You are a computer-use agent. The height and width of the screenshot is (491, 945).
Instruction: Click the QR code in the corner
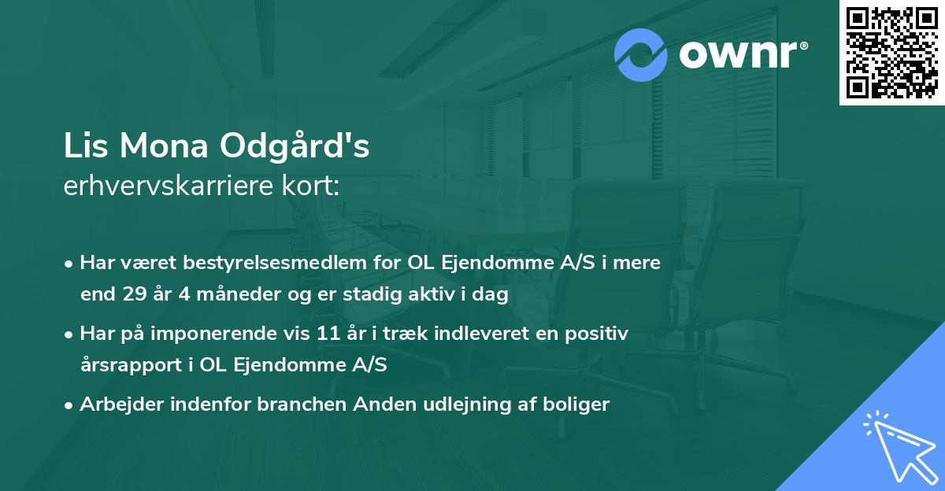(891, 52)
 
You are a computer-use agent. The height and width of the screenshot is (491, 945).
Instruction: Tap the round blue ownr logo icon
(641, 55)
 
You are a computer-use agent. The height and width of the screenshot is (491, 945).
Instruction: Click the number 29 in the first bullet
(134, 295)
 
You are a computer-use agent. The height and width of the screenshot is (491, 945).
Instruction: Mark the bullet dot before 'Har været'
(70, 264)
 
